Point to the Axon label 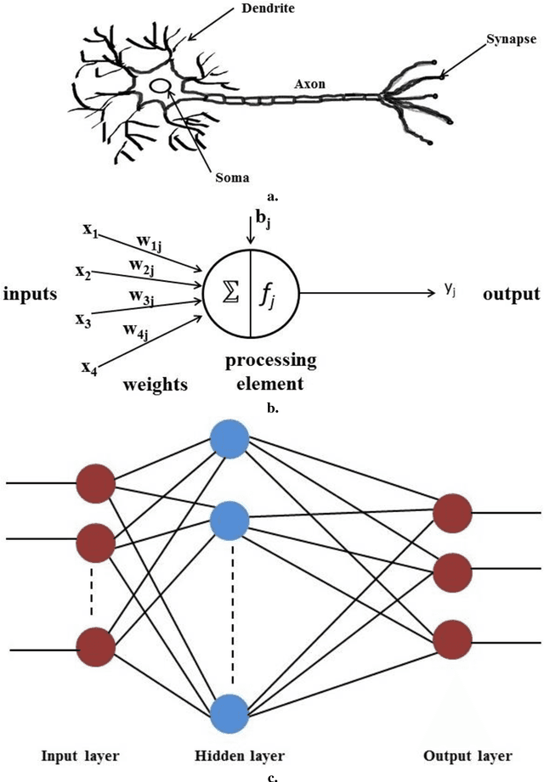click(x=307, y=85)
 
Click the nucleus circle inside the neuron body click(x=160, y=87)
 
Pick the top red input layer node click(x=95, y=483)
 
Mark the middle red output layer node click(x=453, y=572)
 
